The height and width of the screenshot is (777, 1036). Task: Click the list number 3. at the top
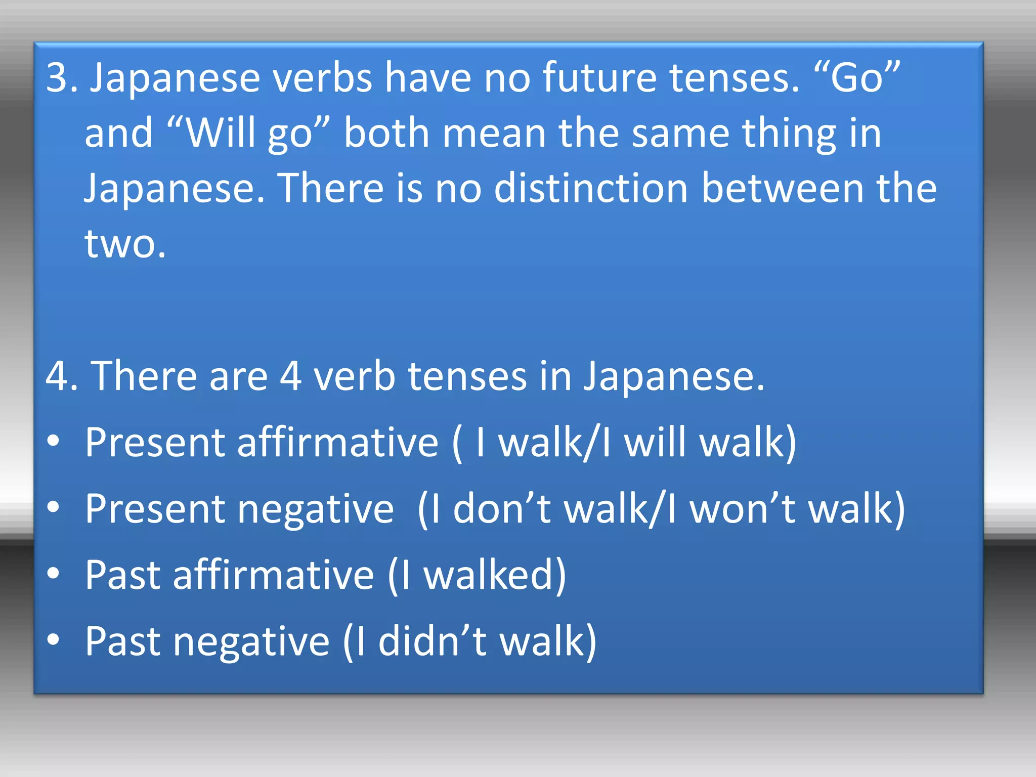point(62,77)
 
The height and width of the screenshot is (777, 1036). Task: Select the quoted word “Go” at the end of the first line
point(857,77)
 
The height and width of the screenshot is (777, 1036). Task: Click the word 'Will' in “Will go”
point(223,133)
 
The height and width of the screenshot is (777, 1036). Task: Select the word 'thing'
point(789,134)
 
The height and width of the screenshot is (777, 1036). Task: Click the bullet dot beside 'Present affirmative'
point(53,441)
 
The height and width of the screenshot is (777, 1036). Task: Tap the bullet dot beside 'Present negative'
point(53,507)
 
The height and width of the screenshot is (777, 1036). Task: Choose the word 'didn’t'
point(432,641)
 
